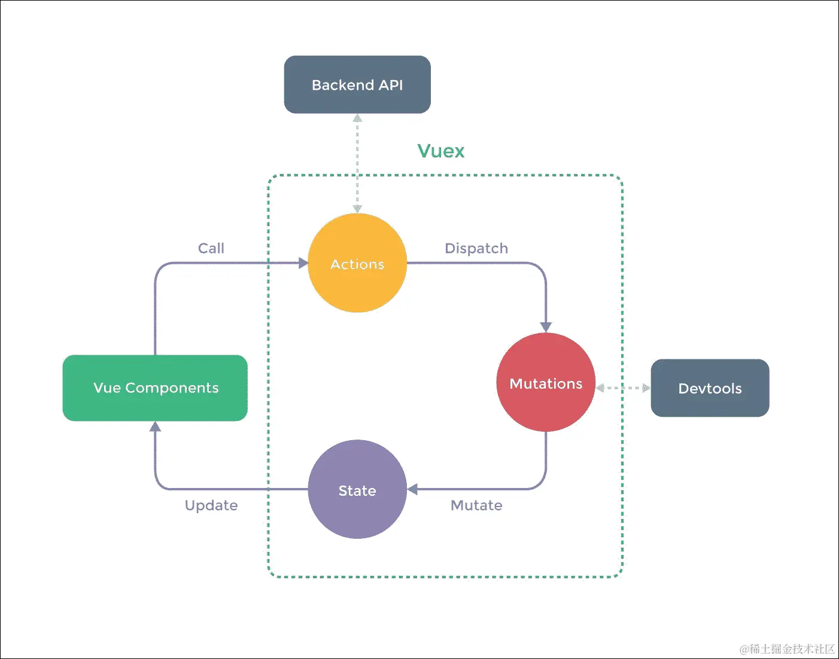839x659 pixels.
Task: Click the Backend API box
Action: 357,85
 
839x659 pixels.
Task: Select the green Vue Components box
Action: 155,388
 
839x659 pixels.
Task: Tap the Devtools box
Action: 710,388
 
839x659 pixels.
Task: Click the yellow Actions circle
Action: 357,263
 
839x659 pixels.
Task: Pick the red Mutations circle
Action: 546,383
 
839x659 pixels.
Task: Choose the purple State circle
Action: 357,490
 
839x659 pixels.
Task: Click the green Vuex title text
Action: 440,151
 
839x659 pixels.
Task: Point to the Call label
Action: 211,248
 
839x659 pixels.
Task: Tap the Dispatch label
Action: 476,248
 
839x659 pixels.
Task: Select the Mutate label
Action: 476,505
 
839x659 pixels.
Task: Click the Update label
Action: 211,505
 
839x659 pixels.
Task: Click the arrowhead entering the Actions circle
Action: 303,263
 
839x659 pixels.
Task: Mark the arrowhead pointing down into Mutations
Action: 546,327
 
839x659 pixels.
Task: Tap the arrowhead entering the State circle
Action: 412,490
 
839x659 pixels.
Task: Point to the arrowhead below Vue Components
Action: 155,426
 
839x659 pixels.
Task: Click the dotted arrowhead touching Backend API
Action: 357,118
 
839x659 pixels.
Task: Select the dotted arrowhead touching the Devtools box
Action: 646,388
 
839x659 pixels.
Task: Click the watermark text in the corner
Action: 787,649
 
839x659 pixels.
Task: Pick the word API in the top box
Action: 391,85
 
